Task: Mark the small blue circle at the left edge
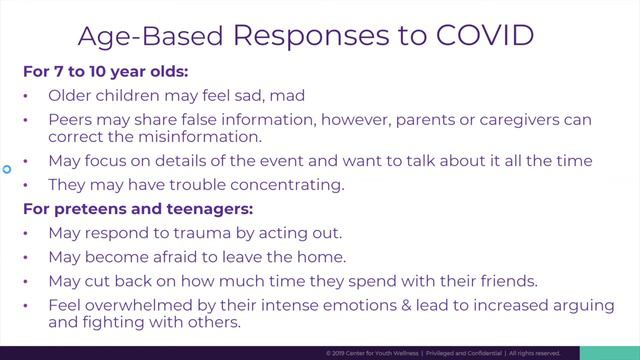[6, 169]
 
